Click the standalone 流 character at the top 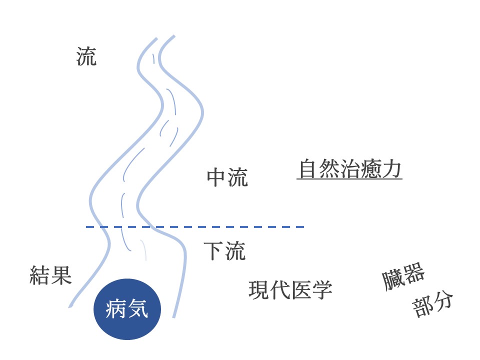(86, 56)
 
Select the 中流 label (227, 177)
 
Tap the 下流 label (224, 251)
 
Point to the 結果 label (50, 275)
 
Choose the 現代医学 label (290, 289)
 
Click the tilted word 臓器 (403, 276)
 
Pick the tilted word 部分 (432, 304)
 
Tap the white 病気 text (127, 308)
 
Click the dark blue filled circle (127, 309)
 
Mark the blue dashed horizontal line (195, 227)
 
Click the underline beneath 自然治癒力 (349, 178)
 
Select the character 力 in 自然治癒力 (391, 168)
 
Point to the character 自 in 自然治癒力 (307, 168)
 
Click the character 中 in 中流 (216, 177)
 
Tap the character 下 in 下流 (213, 251)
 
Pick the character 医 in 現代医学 (300, 290)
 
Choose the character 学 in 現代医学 (321, 290)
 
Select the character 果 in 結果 (61, 275)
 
